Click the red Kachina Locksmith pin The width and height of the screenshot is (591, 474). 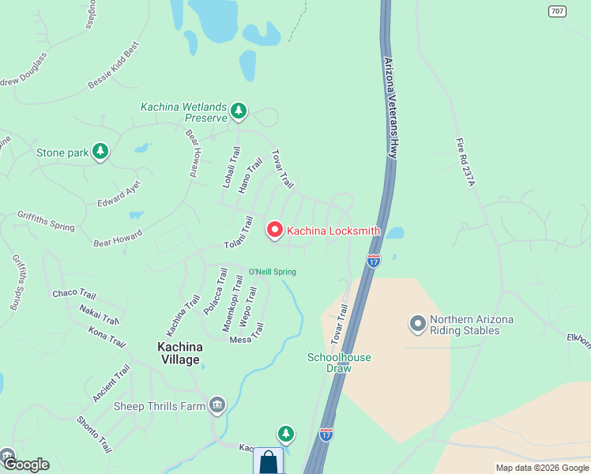click(x=275, y=230)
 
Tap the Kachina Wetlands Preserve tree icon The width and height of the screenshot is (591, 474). click(x=239, y=112)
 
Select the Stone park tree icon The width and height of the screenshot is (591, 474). click(x=100, y=152)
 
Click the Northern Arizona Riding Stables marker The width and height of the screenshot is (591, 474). click(x=418, y=324)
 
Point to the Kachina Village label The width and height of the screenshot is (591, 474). click(x=179, y=353)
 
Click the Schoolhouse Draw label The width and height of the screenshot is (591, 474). click(x=339, y=363)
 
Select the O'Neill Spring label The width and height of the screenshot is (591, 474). click(x=273, y=273)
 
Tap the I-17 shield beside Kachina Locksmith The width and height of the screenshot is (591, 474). click(x=374, y=260)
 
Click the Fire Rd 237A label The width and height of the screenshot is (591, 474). click(x=464, y=163)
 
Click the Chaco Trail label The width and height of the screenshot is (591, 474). click(x=74, y=294)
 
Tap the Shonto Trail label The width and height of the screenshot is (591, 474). click(x=94, y=434)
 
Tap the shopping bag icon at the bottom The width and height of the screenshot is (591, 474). click(x=269, y=461)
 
